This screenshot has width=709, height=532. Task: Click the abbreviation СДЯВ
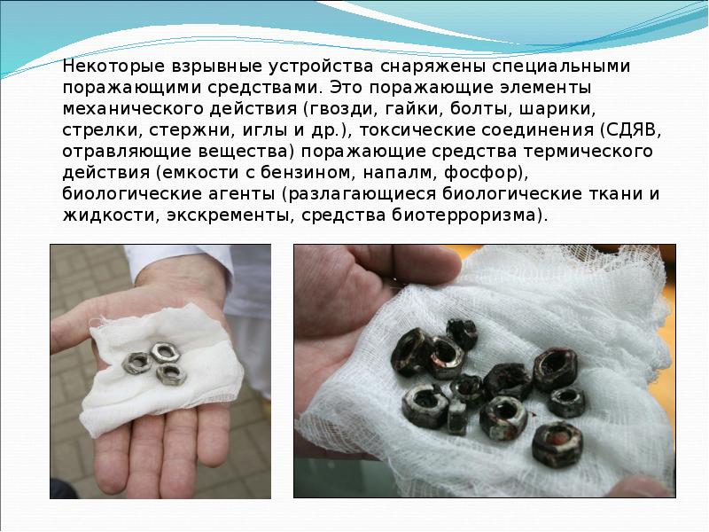pos(630,130)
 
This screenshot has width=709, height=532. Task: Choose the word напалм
pos(398,173)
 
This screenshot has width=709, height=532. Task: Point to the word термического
pos(588,152)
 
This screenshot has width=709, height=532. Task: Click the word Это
pos(346,87)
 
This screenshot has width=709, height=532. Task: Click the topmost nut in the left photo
pos(165,352)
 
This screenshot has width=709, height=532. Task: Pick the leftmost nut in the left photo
pos(137,363)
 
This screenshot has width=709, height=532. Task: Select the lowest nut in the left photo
pos(171,374)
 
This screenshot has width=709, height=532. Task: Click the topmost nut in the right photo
pos(462,335)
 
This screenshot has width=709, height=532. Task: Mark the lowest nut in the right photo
pos(557,444)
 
